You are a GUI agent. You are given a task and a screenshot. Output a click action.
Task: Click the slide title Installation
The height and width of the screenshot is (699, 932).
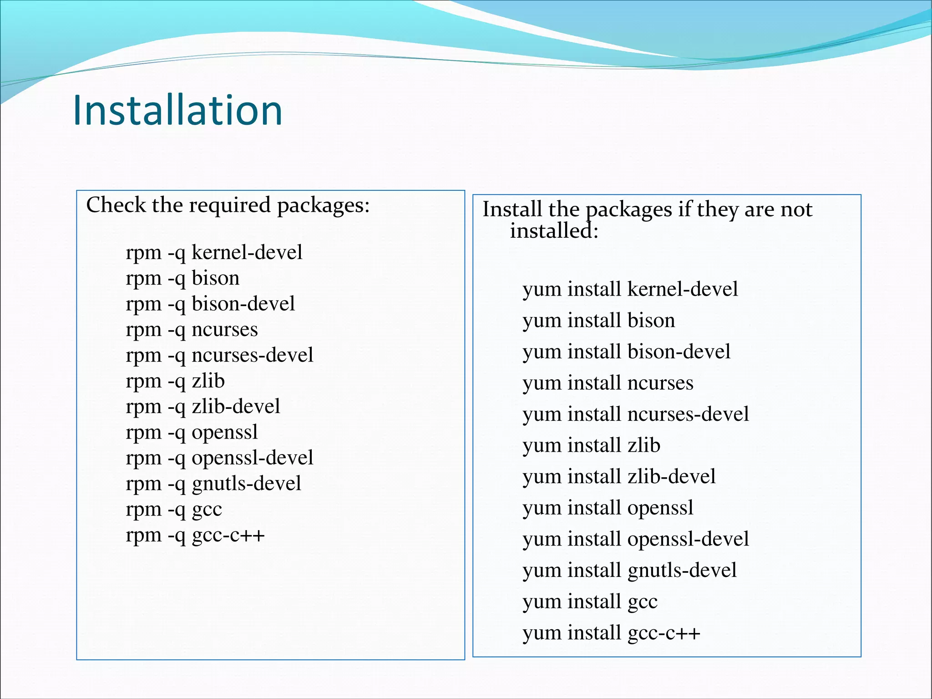pos(177,111)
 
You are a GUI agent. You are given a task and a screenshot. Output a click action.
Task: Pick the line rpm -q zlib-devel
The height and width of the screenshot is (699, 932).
pos(203,407)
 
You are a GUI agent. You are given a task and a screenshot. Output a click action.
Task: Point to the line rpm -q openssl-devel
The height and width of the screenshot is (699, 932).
pos(219,458)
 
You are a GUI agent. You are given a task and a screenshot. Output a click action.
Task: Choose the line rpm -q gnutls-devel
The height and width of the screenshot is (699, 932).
pos(213,484)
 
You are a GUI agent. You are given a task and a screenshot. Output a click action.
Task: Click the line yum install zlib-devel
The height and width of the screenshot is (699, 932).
pos(619,477)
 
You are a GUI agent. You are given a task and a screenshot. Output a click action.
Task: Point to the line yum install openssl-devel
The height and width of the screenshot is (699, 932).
pos(636,539)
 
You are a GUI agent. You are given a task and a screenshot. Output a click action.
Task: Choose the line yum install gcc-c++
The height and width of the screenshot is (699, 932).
pos(611,633)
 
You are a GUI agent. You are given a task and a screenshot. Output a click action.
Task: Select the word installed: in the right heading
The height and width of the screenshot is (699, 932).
pos(554,231)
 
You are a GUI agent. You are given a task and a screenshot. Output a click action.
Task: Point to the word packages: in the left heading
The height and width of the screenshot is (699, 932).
pos(324,206)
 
